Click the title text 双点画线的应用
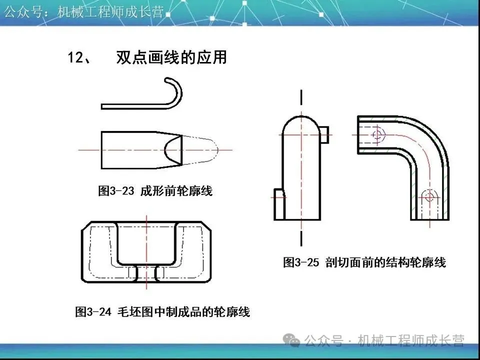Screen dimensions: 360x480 pyautogui.click(x=171, y=58)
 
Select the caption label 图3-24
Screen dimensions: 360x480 pyautogui.click(x=92, y=312)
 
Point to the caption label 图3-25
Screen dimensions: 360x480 pyautogui.click(x=301, y=262)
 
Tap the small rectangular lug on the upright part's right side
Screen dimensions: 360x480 pyautogui.click(x=323, y=133)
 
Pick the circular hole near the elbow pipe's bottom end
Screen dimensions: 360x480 pyautogui.click(x=428, y=196)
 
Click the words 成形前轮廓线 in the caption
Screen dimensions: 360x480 pyautogui.click(x=176, y=190)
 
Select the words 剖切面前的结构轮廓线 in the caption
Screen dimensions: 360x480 pyautogui.click(x=385, y=262)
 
